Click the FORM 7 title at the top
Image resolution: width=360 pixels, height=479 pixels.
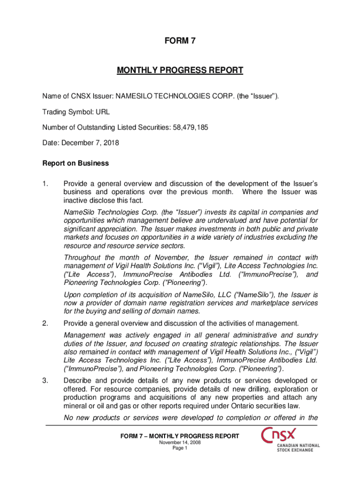(x=180, y=41)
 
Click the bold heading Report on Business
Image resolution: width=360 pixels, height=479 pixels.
(x=75, y=163)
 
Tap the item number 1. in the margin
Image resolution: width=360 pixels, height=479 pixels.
(x=46, y=184)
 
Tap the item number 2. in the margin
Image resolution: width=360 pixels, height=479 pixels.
(x=46, y=323)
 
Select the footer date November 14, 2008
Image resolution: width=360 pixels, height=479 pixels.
(x=180, y=443)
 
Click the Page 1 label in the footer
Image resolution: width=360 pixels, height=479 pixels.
(x=180, y=448)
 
